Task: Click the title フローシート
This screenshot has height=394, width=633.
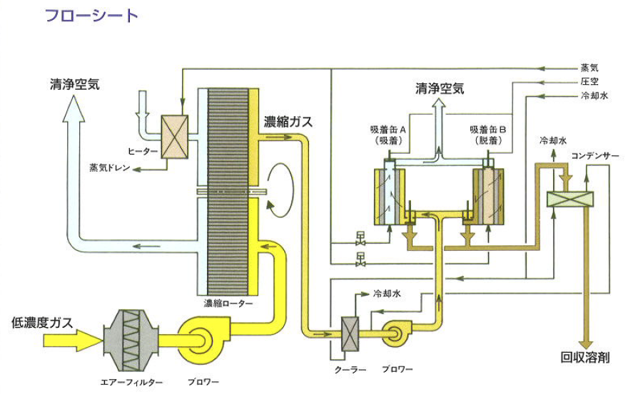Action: click(91, 15)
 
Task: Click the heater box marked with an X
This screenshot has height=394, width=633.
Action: click(174, 137)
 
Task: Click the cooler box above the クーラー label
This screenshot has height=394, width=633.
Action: click(351, 333)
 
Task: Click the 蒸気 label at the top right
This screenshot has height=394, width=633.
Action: click(589, 68)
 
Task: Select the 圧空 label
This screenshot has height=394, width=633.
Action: click(589, 81)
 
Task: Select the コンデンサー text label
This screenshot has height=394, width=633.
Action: click(594, 155)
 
